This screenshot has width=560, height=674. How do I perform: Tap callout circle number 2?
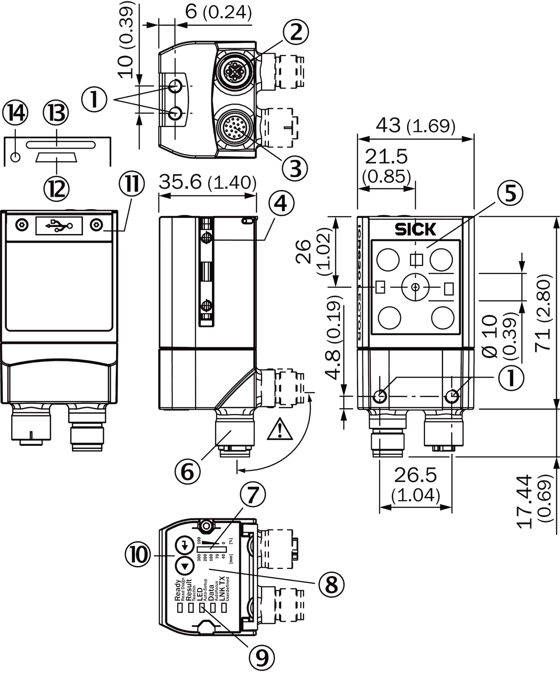point(296,32)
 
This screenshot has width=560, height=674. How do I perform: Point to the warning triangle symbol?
point(280,429)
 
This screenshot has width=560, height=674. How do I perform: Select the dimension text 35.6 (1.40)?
point(207,182)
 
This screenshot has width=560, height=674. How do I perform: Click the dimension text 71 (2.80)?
point(543,313)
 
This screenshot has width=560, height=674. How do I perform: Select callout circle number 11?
point(132,184)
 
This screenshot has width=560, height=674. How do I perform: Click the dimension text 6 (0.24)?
point(218,13)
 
